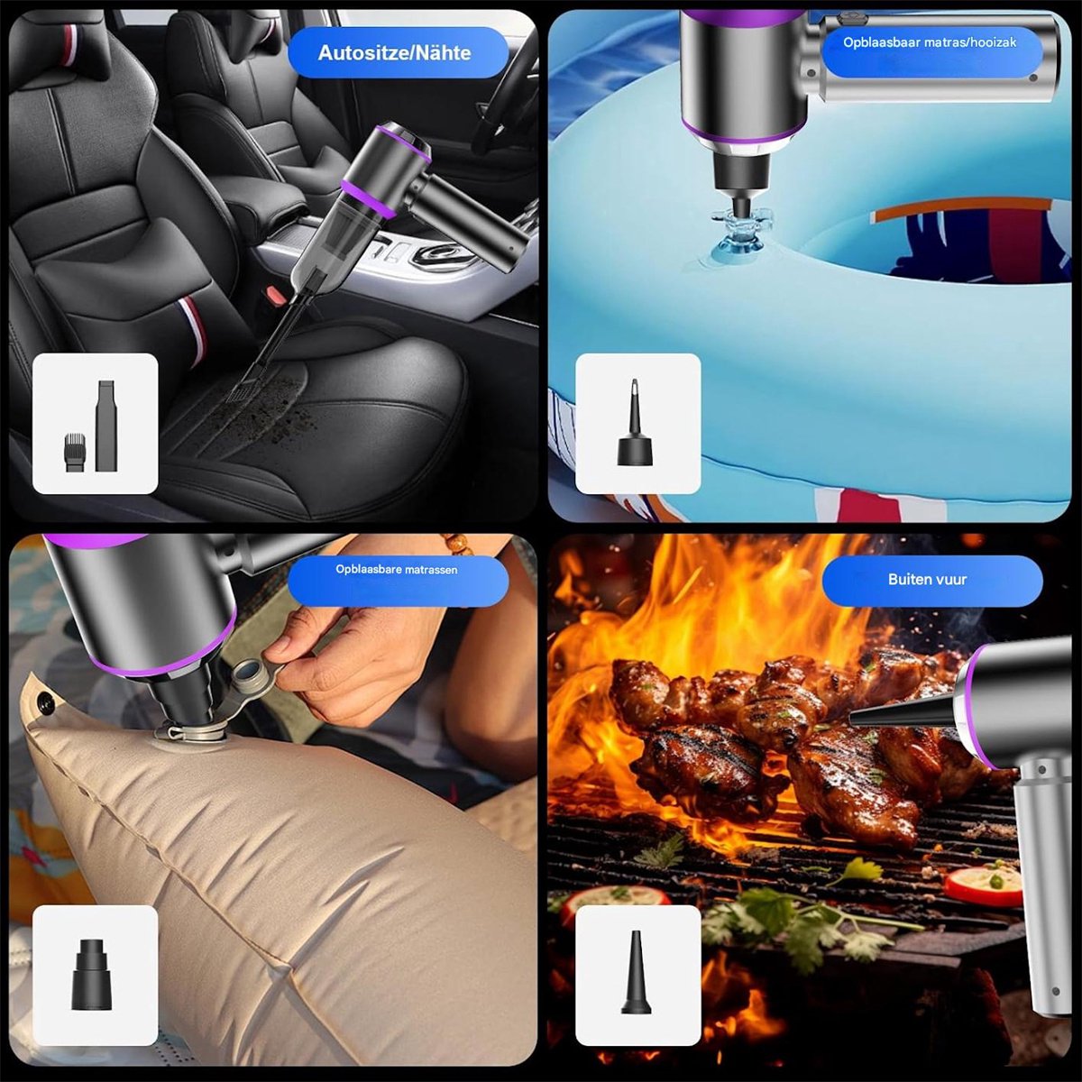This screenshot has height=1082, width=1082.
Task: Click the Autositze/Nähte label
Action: coord(394,53)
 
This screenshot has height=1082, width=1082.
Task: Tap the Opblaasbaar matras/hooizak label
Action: coord(930,42)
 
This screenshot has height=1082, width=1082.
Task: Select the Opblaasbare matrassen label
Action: coord(397,569)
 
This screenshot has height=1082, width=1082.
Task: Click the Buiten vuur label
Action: coord(927,580)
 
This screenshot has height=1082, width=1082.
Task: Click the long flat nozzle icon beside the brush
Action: coord(105,426)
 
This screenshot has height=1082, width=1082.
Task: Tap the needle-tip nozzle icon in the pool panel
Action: coord(635,422)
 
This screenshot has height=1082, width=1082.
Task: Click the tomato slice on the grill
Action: coord(982,885)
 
